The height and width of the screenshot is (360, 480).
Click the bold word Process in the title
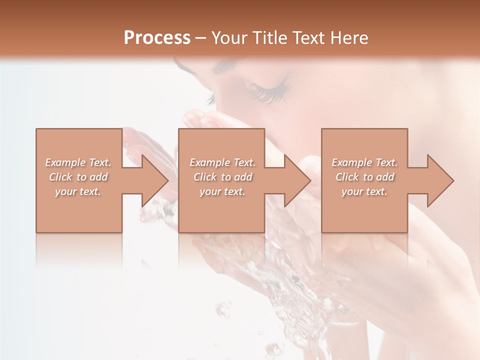157,37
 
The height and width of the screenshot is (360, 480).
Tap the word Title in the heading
270,37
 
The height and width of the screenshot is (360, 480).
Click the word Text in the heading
309,37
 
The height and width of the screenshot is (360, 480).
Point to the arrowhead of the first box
155,180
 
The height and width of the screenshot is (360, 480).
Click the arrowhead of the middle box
297,180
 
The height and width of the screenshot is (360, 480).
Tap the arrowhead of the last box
440,180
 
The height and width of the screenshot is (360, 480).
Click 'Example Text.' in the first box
78,162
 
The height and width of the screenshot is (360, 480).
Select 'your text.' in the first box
78,191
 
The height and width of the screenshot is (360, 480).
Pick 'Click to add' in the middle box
222,177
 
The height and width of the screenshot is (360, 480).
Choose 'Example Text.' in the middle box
222,162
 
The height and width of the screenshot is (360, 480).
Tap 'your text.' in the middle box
222,191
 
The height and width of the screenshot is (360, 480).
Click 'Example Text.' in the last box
364,162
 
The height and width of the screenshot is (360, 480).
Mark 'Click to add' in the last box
364,177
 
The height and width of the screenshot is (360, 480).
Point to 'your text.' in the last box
364,191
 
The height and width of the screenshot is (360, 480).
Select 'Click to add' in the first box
78,177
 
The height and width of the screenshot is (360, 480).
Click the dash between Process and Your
200,38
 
